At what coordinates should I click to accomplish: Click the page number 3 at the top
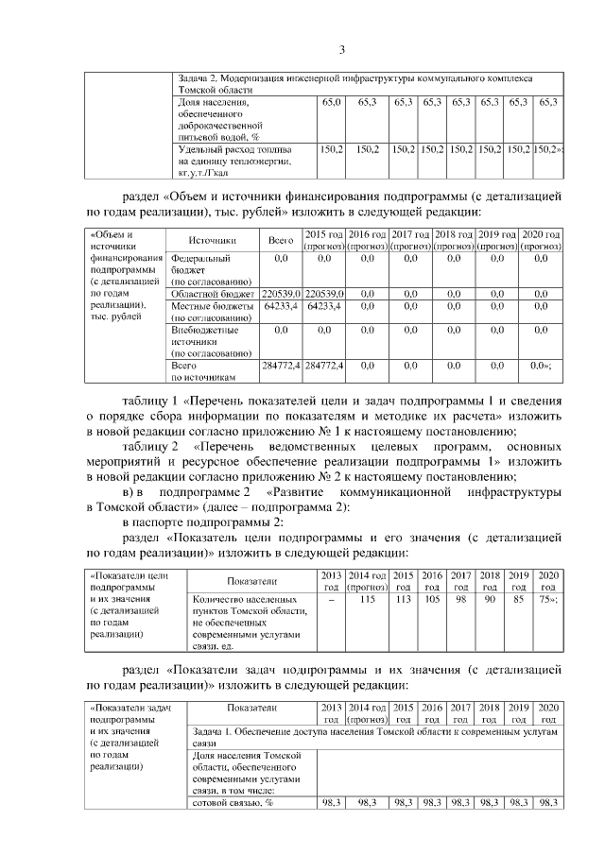pos(344,49)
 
